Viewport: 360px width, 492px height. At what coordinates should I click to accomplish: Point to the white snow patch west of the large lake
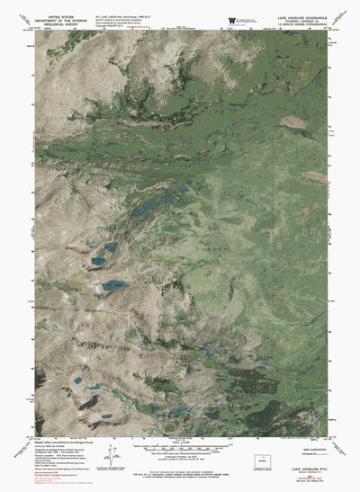pos(97,290)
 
